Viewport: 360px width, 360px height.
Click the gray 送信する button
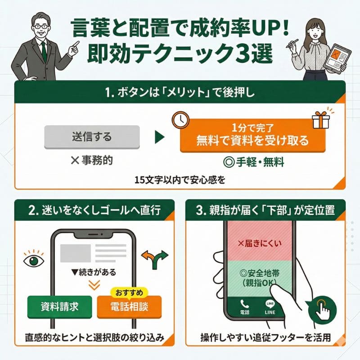(92, 137)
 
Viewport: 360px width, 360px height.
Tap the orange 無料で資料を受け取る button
(252, 135)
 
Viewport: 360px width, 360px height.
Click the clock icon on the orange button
(181, 120)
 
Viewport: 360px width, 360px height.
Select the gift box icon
(320, 120)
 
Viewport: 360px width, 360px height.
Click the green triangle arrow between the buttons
(160, 137)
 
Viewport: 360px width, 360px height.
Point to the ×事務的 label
(92, 160)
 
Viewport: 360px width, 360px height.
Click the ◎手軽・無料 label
(253, 162)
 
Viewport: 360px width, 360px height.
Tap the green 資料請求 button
(60, 307)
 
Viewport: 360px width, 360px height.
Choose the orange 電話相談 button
(129, 307)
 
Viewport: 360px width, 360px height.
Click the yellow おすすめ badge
(129, 293)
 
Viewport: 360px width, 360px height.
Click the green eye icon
(34, 260)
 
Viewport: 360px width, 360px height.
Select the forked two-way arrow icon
(155, 259)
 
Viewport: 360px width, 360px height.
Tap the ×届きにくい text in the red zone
(260, 243)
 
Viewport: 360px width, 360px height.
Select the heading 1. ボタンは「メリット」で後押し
(180, 93)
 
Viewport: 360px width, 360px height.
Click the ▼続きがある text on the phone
(94, 272)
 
